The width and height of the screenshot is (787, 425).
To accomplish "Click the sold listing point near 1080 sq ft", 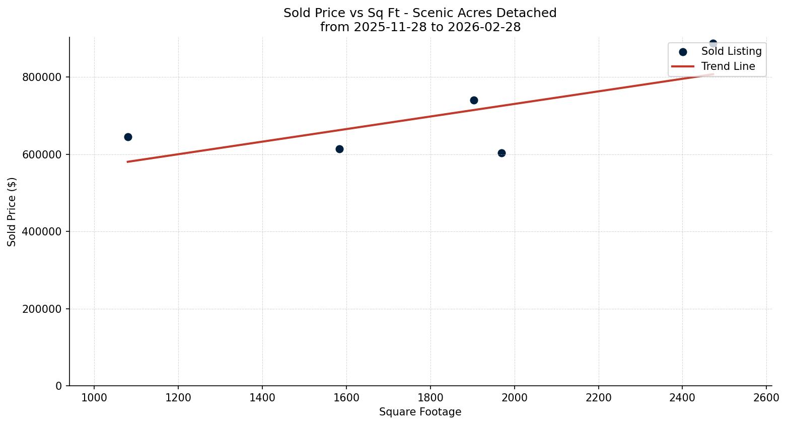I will click(x=128, y=137).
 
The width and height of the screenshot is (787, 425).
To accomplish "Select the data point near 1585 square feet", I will click(x=339, y=149).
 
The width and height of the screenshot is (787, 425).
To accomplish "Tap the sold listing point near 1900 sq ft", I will click(x=474, y=100).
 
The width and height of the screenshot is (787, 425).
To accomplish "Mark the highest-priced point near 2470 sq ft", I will click(x=713, y=44).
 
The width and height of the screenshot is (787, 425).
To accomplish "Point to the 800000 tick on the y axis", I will click(x=42, y=77).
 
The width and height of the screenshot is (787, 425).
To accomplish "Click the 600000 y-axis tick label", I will click(x=42, y=154).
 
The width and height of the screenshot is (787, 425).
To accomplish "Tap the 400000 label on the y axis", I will click(x=42, y=232).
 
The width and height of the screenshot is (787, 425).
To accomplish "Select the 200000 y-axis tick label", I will click(x=42, y=309).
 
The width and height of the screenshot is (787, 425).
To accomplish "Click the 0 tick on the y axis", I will click(x=59, y=386).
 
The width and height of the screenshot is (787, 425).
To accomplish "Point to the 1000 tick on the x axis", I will click(x=94, y=397).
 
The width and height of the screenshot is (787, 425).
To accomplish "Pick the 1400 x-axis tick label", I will click(x=262, y=397).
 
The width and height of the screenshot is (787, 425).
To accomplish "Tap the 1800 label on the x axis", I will click(x=431, y=397).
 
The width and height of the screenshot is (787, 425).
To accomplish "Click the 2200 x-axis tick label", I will click(x=598, y=397).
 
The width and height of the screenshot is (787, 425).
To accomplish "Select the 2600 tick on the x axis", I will click(x=766, y=397).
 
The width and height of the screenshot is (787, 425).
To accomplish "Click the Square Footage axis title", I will click(x=420, y=412).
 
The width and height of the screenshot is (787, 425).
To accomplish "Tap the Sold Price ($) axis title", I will click(x=12, y=212).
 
